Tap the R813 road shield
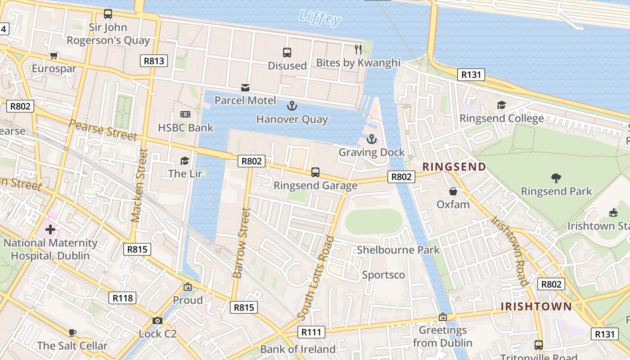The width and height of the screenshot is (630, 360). click(x=154, y=61)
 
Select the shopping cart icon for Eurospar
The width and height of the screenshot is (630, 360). click(x=54, y=56)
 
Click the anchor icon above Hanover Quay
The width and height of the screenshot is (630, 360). click(x=292, y=106)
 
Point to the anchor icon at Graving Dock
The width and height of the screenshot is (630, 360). click(x=372, y=139)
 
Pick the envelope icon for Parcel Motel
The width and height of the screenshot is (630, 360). click(x=245, y=87)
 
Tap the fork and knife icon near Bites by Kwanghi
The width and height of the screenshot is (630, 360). click(x=358, y=49)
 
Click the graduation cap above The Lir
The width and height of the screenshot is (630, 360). click(x=184, y=161)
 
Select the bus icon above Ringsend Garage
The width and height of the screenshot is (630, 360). click(x=315, y=172)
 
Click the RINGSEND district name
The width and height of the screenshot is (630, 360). click(x=454, y=167)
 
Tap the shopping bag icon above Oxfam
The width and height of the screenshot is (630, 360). click(x=453, y=192)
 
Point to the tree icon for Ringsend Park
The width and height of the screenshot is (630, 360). click(x=556, y=178)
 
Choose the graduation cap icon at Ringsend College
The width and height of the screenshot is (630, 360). click(x=501, y=105)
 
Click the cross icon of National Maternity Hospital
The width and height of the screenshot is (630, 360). click(x=50, y=229)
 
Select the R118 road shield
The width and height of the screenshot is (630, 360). click(x=123, y=297)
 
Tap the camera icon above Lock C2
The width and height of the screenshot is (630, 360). click(x=157, y=321)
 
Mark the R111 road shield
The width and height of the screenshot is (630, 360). click(x=311, y=333)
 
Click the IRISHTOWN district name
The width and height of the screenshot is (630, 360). click(x=536, y=307)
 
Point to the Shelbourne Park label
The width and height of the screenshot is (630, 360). click(x=398, y=250)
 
